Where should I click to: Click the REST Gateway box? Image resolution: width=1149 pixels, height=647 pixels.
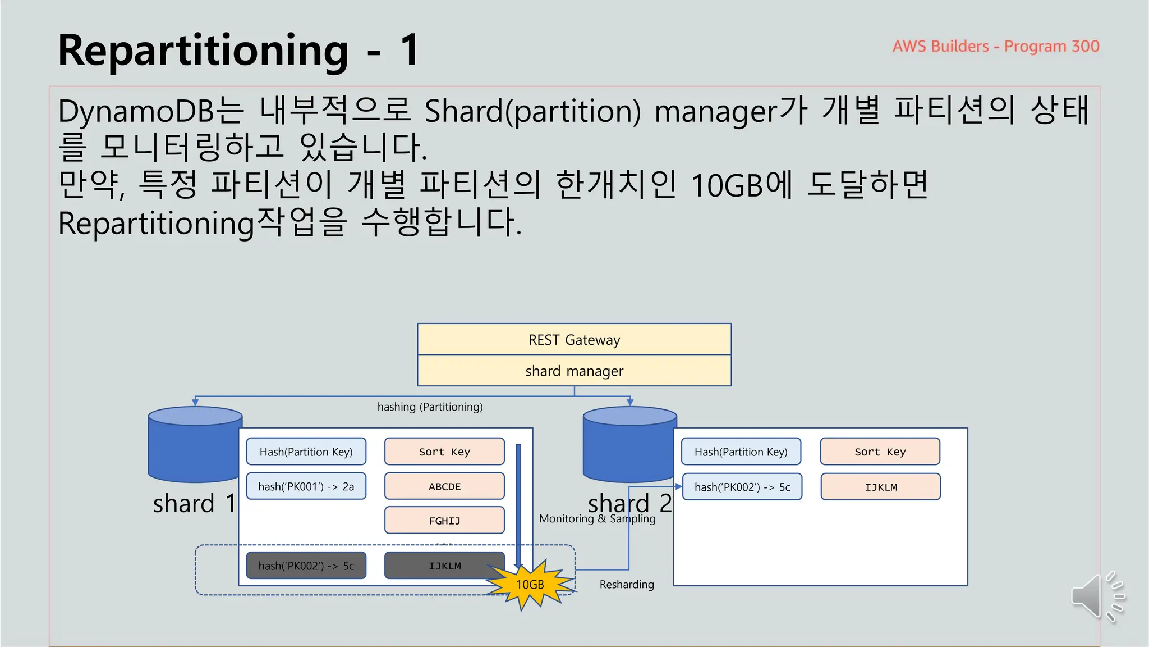[574, 339]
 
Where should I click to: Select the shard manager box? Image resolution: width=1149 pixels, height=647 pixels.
[574, 371]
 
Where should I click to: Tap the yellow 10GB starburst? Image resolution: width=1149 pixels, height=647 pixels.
[530, 585]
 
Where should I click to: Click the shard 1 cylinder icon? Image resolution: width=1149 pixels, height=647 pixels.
[195, 444]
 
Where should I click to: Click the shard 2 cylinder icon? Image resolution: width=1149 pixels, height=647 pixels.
[629, 444]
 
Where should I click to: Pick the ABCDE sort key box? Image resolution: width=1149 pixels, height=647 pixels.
[444, 486]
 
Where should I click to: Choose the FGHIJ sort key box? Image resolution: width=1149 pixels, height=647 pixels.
[444, 521]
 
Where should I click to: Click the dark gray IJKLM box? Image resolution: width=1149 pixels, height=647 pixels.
[444, 566]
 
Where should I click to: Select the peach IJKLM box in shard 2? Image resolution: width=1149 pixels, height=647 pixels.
[880, 487]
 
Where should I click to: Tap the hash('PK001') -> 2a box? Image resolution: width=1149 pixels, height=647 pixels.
[306, 486]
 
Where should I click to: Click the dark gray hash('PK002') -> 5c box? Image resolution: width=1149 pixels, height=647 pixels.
[306, 566]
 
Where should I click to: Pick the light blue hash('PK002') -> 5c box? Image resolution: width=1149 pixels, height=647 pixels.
[742, 487]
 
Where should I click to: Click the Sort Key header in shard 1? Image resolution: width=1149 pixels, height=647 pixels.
[444, 452]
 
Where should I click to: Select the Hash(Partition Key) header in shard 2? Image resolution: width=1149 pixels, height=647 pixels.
[741, 452]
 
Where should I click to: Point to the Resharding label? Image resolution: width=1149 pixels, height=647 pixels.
[627, 585]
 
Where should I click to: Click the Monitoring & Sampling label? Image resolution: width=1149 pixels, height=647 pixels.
[597, 518]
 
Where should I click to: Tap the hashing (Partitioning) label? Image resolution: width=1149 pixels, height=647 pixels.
[430, 407]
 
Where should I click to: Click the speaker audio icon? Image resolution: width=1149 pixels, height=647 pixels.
[1097, 596]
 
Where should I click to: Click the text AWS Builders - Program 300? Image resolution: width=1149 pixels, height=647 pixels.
[995, 46]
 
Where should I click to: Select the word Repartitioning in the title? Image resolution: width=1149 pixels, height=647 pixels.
[203, 51]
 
